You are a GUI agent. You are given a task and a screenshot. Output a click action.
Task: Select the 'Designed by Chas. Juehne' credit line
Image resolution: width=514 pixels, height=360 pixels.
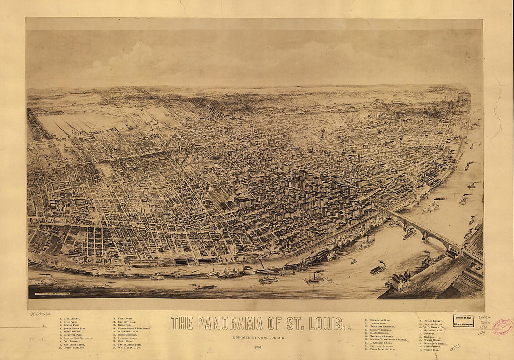click(258, 337)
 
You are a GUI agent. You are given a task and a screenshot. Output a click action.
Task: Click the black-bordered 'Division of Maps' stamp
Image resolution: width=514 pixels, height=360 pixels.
click(463, 321)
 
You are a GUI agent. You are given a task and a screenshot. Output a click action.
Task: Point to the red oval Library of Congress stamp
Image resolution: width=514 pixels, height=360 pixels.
click(503, 326)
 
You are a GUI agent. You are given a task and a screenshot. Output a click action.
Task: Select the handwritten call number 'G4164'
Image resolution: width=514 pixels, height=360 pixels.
click(485, 317)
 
